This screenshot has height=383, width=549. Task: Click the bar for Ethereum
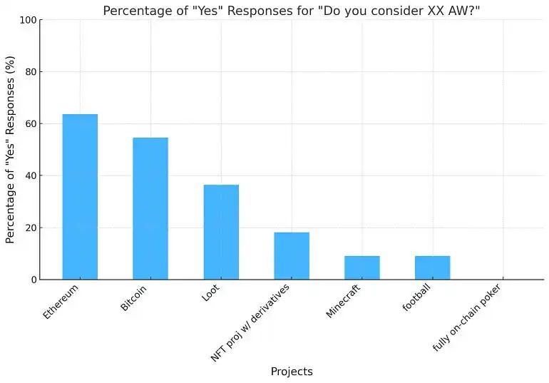(x=80, y=197)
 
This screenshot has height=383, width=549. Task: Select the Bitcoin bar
(x=150, y=208)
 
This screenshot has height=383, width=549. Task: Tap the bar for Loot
(x=221, y=232)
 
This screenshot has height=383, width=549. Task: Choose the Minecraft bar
(x=362, y=267)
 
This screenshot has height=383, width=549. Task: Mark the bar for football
(x=432, y=267)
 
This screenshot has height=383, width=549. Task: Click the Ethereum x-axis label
(x=61, y=302)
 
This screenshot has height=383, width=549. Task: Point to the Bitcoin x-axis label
(x=135, y=299)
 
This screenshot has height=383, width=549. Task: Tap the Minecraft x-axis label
(x=344, y=301)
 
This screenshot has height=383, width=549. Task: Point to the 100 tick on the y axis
(x=28, y=20)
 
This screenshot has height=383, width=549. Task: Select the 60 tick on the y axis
(x=30, y=124)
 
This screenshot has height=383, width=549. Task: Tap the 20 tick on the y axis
(x=30, y=228)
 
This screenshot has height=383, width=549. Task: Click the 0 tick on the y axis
(x=33, y=280)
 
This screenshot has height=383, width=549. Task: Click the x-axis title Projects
(x=292, y=372)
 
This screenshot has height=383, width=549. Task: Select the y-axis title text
(x=11, y=150)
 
